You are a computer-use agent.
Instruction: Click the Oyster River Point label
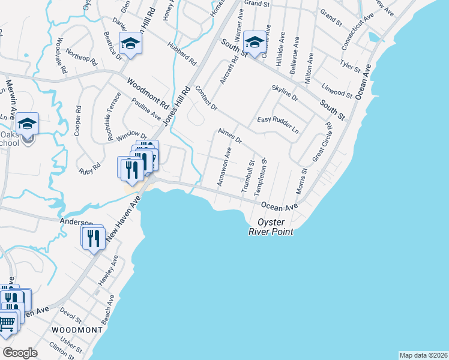point(271,226)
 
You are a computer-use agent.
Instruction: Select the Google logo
point(20,352)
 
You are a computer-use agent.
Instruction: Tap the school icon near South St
point(255,43)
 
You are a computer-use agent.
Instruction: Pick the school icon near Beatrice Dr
point(130,43)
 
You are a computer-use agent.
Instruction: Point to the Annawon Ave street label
point(224,169)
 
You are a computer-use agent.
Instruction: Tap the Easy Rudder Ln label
point(278,124)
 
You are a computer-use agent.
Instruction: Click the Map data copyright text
point(423,355)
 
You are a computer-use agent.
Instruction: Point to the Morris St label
point(301,180)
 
